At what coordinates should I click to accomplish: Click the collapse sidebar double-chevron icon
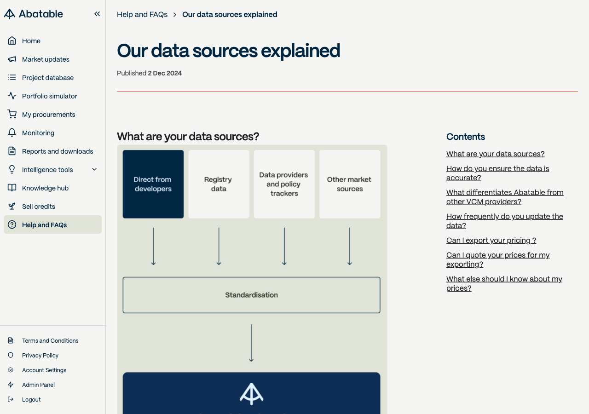97,14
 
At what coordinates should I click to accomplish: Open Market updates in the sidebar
46,59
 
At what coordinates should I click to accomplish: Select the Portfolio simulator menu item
49,96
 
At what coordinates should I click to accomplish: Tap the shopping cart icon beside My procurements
12,114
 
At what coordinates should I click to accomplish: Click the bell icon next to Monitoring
12,133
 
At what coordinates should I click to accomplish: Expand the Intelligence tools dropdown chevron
94,170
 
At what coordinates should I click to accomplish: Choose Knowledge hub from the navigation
45,188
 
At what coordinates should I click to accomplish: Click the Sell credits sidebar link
38,207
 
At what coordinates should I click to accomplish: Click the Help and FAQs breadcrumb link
142,14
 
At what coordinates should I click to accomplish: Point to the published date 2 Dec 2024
165,73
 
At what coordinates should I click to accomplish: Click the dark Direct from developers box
153,184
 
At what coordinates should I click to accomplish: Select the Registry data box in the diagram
219,184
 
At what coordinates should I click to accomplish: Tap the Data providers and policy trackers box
284,184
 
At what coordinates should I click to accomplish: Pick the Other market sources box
350,184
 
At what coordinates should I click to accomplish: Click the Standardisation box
251,295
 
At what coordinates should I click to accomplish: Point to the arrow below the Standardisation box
251,343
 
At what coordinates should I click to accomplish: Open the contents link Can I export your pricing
491,240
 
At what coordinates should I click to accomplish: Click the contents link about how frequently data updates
505,221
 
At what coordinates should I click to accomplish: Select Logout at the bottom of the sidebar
31,400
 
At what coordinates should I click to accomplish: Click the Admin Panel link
38,385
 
